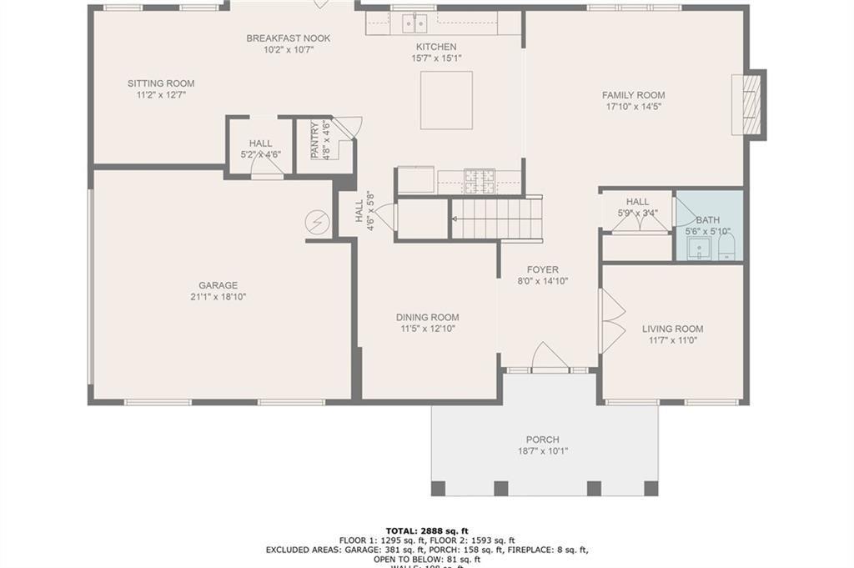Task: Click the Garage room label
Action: point(218,285)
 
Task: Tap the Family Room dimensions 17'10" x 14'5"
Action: point(633,107)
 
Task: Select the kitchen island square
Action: point(446,100)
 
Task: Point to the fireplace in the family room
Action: point(747,105)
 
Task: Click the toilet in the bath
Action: point(726,246)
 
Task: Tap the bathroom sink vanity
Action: point(699,248)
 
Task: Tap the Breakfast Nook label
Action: point(289,38)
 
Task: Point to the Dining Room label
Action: point(428,317)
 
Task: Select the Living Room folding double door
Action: point(611,321)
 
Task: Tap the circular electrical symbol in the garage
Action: point(317,222)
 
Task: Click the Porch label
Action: point(542,440)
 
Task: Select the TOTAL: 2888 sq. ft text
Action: point(427,530)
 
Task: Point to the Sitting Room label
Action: point(161,83)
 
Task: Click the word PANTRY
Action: point(315,141)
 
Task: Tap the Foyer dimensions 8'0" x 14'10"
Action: point(543,281)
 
